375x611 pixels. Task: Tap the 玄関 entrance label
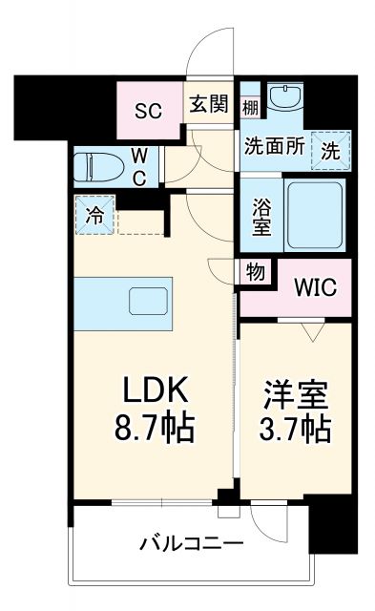tap(208, 104)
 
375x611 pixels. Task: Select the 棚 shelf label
tap(250, 106)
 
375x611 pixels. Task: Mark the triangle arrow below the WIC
tap(310, 332)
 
